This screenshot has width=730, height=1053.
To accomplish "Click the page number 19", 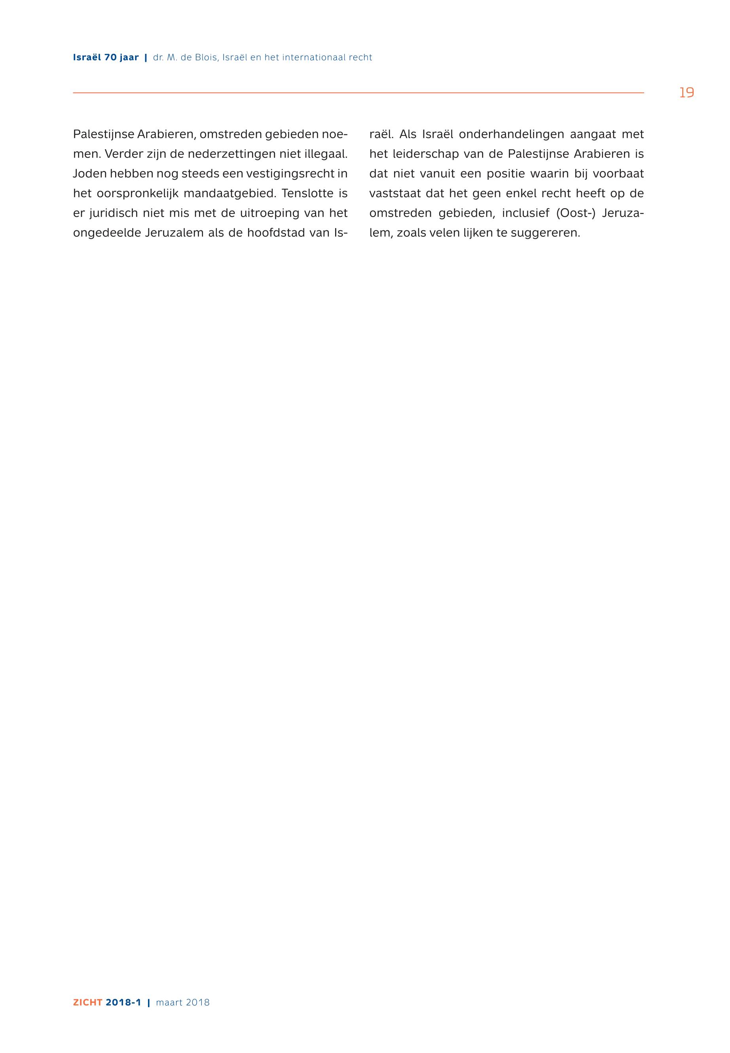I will (686, 93).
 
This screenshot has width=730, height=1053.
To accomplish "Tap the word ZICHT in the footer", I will (87, 1002).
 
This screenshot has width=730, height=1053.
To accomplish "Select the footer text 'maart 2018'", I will (182, 1002).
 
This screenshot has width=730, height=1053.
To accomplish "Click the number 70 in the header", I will (111, 58).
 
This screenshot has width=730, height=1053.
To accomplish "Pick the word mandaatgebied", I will (229, 194).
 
